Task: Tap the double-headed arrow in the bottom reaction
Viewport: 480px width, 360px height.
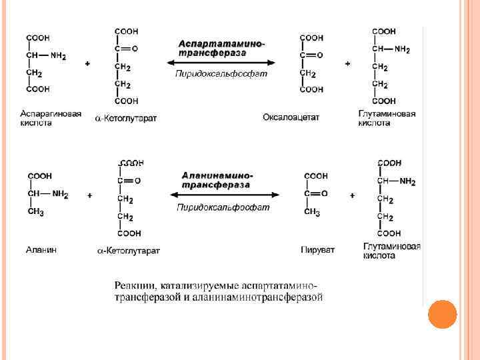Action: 224,195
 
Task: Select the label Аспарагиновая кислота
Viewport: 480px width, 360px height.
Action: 51,118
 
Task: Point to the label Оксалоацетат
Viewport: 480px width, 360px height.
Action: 291,117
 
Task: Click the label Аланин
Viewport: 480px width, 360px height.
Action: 41,249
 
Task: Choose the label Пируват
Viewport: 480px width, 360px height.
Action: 317,250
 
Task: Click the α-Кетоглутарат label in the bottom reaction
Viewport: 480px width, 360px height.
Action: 129,251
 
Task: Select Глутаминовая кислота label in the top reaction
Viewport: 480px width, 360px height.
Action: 387,118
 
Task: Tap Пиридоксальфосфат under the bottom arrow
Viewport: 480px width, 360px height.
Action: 223,207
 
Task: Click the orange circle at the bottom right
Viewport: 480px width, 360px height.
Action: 441,315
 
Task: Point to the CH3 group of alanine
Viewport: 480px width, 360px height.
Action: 36,213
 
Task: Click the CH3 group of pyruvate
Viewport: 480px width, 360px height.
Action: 312,213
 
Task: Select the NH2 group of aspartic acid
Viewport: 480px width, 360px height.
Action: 58,56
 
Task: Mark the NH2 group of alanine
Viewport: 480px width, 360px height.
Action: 60,195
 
